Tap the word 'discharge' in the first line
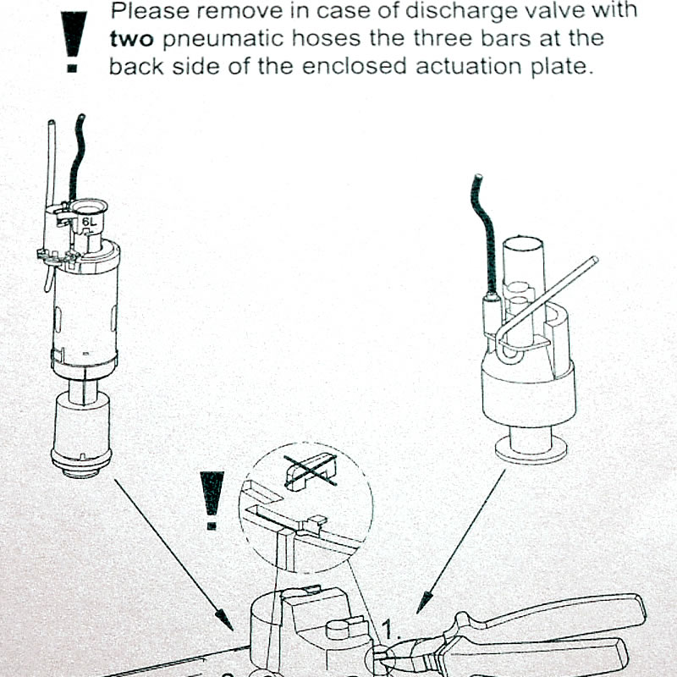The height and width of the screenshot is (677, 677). pyautogui.click(x=451, y=13)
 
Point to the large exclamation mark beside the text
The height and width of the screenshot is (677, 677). pyautogui.click(x=74, y=42)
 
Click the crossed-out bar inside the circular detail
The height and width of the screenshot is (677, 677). pyautogui.click(x=307, y=471)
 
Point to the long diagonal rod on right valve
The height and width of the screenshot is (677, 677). pyautogui.click(x=550, y=296)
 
